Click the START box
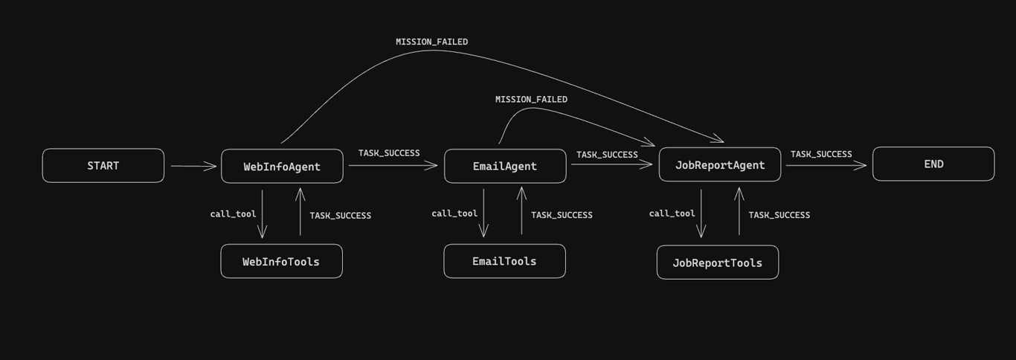(103, 166)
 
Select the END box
(933, 164)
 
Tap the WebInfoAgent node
(282, 167)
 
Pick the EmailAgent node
(505, 167)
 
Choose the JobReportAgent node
(719, 165)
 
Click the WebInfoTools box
(281, 262)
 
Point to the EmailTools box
(504, 261)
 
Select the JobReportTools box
(717, 263)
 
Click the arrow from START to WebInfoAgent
(193, 166)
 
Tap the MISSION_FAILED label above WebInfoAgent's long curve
(431, 42)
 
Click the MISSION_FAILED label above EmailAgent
(531, 99)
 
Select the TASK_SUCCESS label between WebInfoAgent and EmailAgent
(389, 153)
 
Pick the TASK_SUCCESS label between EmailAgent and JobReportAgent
(607, 155)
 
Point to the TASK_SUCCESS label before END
(821, 154)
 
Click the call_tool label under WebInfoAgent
(233, 214)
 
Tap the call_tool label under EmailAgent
(454, 213)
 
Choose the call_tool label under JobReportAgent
(672, 213)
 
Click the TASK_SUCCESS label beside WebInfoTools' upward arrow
(340, 216)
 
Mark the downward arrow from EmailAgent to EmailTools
(483, 213)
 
